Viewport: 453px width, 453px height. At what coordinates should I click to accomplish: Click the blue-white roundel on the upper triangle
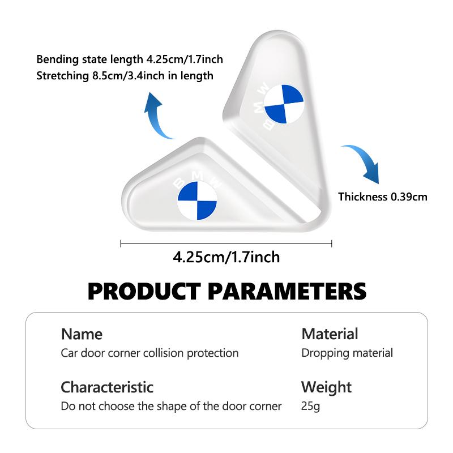284,104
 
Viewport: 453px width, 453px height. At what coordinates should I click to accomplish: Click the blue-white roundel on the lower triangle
197,200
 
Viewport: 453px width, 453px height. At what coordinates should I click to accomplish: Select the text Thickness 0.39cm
383,196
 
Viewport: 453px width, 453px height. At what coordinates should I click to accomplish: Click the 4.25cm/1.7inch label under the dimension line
226,257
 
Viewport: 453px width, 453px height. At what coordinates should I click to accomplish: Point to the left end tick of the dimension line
121,243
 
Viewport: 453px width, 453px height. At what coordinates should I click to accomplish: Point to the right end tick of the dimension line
332,243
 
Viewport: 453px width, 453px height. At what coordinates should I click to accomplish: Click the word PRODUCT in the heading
144,291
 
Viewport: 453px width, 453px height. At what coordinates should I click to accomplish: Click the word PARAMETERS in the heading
287,291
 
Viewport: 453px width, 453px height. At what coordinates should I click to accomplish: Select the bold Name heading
82,334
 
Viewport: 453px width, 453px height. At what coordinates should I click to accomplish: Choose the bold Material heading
330,334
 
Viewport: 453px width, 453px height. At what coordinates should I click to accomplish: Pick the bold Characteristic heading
107,387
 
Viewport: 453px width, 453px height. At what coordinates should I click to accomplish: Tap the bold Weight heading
326,388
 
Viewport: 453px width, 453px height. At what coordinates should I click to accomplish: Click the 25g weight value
310,407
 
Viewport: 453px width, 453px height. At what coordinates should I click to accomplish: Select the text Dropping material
347,353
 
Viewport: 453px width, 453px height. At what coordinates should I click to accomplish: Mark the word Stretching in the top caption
62,76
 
